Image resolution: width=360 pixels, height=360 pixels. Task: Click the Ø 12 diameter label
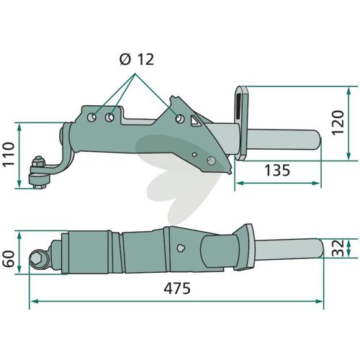pos(137,59)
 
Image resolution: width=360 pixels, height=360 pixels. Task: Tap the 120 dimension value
pos(338,122)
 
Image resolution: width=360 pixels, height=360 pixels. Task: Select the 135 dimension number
pos(277,171)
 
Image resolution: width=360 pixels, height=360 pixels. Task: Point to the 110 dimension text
pos(9,155)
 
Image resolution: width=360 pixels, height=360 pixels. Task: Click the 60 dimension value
pos(9,258)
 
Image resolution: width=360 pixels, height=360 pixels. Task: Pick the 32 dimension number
pos(338,248)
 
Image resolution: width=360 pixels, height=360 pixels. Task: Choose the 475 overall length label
pos(177,288)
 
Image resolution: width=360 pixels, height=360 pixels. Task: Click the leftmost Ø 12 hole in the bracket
pos(91,117)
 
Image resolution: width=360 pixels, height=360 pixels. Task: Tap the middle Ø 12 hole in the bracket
pos(109,117)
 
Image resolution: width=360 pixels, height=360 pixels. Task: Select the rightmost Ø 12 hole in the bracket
pos(180,118)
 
